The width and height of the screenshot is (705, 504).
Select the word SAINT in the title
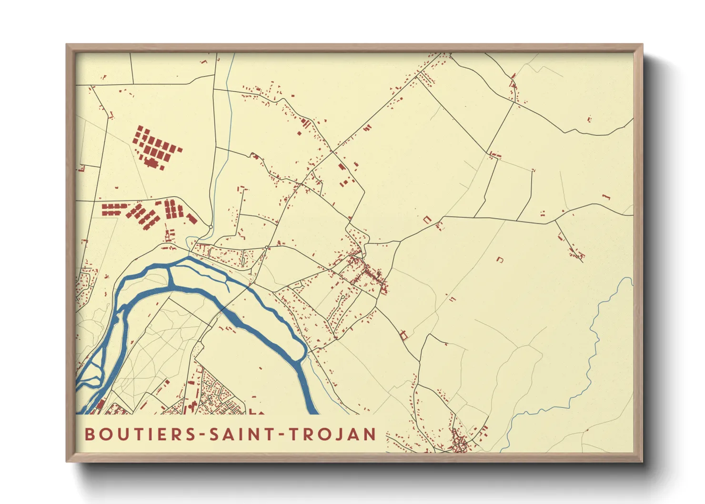click(237, 434)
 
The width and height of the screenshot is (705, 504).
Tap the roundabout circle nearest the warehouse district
click(210, 227)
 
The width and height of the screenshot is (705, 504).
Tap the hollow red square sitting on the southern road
click(404, 335)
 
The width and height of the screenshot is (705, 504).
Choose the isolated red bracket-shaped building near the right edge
click(606, 196)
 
